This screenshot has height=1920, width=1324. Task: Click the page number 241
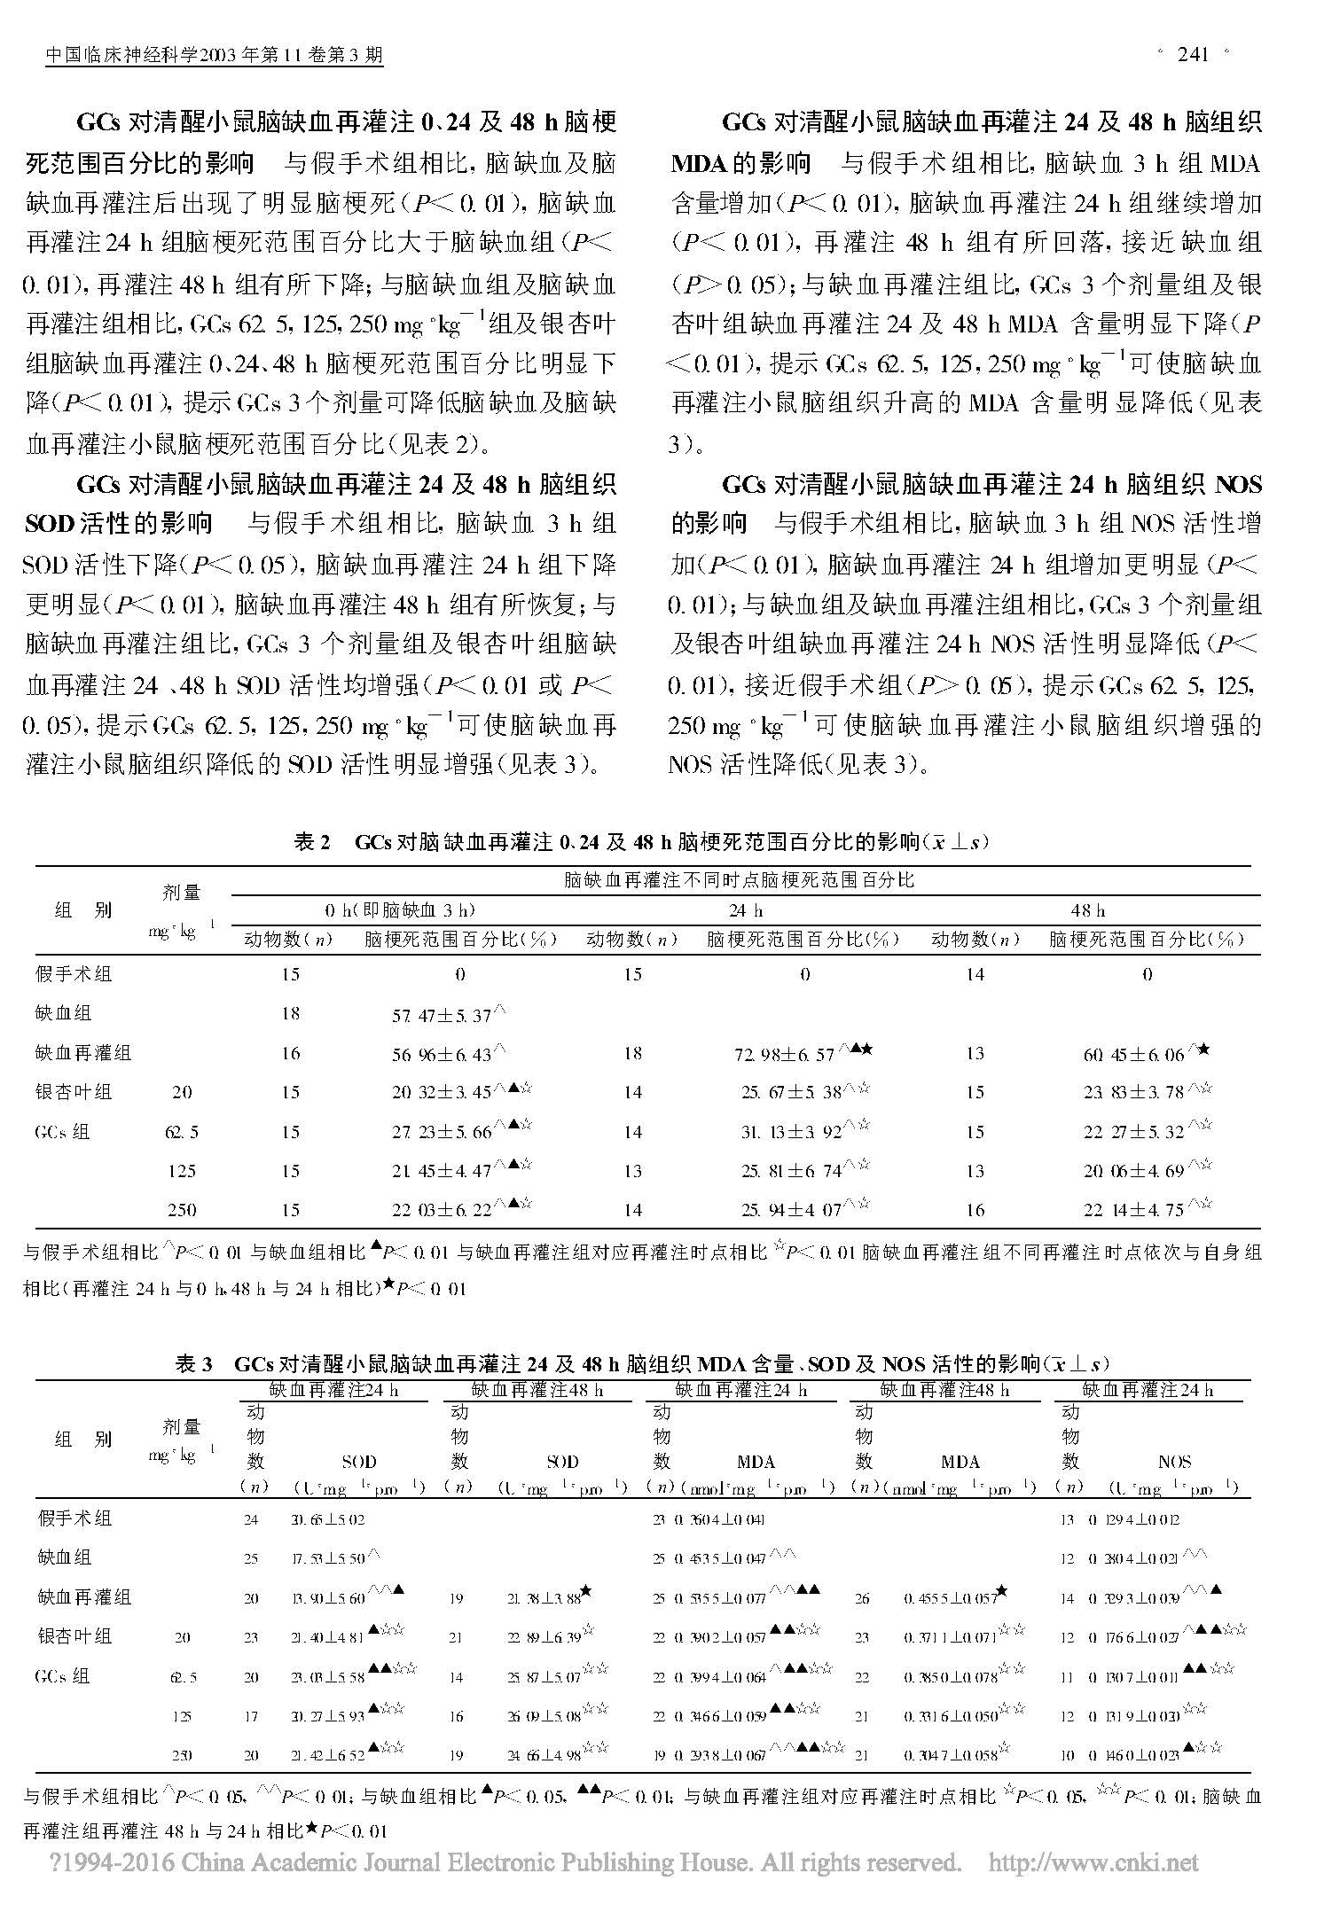1194,55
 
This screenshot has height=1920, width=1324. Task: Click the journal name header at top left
214,56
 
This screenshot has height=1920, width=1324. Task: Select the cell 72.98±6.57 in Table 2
788,1054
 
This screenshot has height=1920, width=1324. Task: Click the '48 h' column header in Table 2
1088,910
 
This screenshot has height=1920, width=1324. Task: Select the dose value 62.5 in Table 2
182,1132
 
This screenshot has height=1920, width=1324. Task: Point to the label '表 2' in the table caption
311,843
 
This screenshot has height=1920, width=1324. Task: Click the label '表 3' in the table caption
193,1364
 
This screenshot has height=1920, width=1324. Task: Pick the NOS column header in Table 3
1174,1462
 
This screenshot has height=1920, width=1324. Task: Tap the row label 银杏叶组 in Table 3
74,1635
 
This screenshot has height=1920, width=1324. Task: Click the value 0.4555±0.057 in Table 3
947,1598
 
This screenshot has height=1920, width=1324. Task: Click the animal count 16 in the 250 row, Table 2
975,1210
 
